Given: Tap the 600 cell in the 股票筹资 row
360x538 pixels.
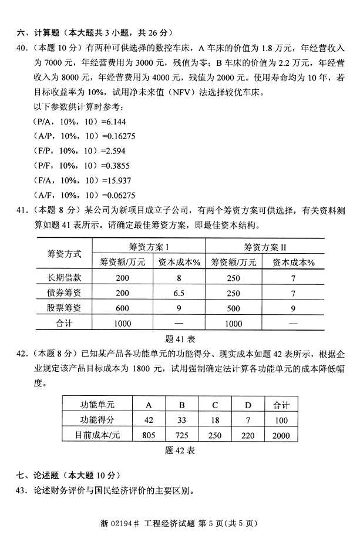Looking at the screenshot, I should [122, 308].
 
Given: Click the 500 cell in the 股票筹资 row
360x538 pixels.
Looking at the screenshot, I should [233, 308].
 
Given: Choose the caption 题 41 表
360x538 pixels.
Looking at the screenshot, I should [180, 339].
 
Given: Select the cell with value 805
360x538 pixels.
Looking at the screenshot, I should [149, 435].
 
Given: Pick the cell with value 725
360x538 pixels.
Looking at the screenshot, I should [182, 435].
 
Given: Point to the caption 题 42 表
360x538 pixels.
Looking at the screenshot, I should [180, 450].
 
